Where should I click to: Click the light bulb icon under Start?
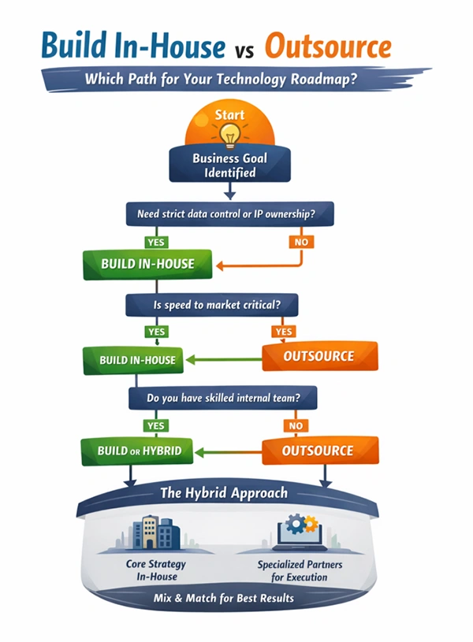(229, 135)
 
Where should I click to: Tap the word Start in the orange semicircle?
(229, 115)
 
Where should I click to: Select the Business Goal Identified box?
(229, 165)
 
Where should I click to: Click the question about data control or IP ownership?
(229, 213)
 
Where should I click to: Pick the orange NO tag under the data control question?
(301, 242)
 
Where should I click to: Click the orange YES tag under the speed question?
(284, 332)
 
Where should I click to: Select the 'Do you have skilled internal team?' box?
(223, 399)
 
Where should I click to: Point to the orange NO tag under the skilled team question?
(296, 425)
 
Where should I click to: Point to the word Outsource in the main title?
(327, 46)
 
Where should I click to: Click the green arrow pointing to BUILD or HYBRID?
(229, 451)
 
